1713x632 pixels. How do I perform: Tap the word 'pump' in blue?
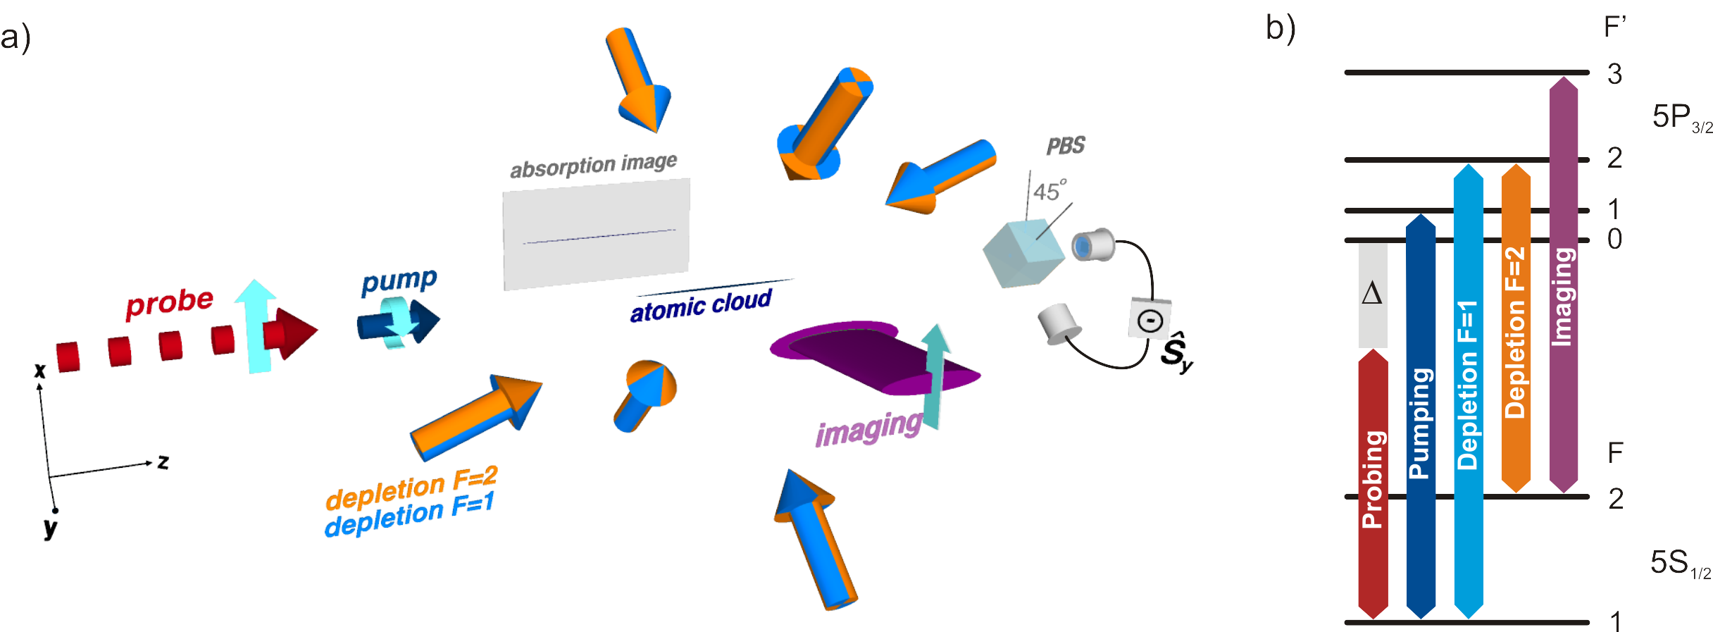399,282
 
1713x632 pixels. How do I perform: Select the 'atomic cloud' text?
701,306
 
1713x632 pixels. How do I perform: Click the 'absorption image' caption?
593,166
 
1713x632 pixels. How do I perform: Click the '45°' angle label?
1049,190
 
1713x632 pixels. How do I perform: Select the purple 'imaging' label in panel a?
868,428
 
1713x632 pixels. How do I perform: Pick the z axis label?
163,461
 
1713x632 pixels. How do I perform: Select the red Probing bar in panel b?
1372,486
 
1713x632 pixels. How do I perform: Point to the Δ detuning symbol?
1372,293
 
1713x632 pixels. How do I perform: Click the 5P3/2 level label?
1680,118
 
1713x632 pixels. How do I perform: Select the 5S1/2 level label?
1678,564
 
